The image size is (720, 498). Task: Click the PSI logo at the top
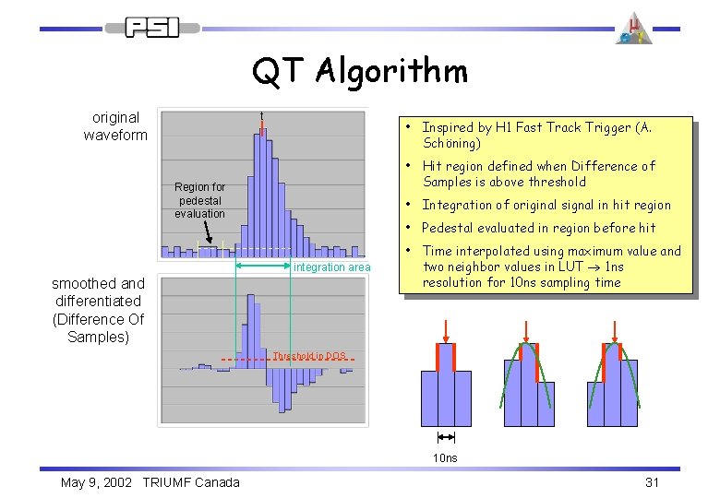pos(151,28)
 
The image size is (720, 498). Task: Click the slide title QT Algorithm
pos(360,70)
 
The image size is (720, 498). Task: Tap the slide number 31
pos(653,482)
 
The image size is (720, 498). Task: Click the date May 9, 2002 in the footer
pos(99,482)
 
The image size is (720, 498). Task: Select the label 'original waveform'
pos(115,126)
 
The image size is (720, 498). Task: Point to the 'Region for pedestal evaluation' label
pos(199,200)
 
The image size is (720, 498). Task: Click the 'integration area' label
pos(331,267)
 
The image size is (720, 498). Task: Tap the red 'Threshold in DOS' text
pos(308,356)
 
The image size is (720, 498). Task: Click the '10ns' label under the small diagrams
pos(446,457)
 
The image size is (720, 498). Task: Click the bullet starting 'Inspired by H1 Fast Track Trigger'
pos(536,136)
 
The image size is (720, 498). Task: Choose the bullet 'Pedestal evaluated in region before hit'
pos(538,228)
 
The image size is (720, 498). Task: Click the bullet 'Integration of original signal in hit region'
pos(546,205)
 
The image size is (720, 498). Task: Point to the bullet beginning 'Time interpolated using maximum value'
pos(550,267)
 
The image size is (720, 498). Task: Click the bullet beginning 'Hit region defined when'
pos(538,174)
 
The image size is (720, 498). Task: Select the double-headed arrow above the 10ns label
pos(446,438)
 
